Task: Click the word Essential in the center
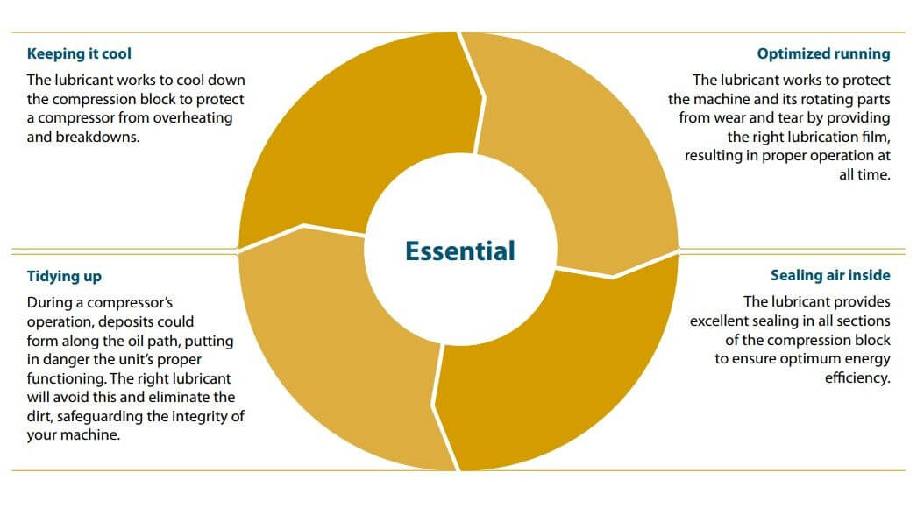(459, 250)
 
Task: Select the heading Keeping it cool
(79, 53)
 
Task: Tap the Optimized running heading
(823, 53)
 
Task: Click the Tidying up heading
(64, 276)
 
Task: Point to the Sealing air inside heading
(830, 275)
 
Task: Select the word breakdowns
(97, 137)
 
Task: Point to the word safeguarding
(100, 416)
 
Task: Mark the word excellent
(720, 321)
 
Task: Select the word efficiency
(858, 378)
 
